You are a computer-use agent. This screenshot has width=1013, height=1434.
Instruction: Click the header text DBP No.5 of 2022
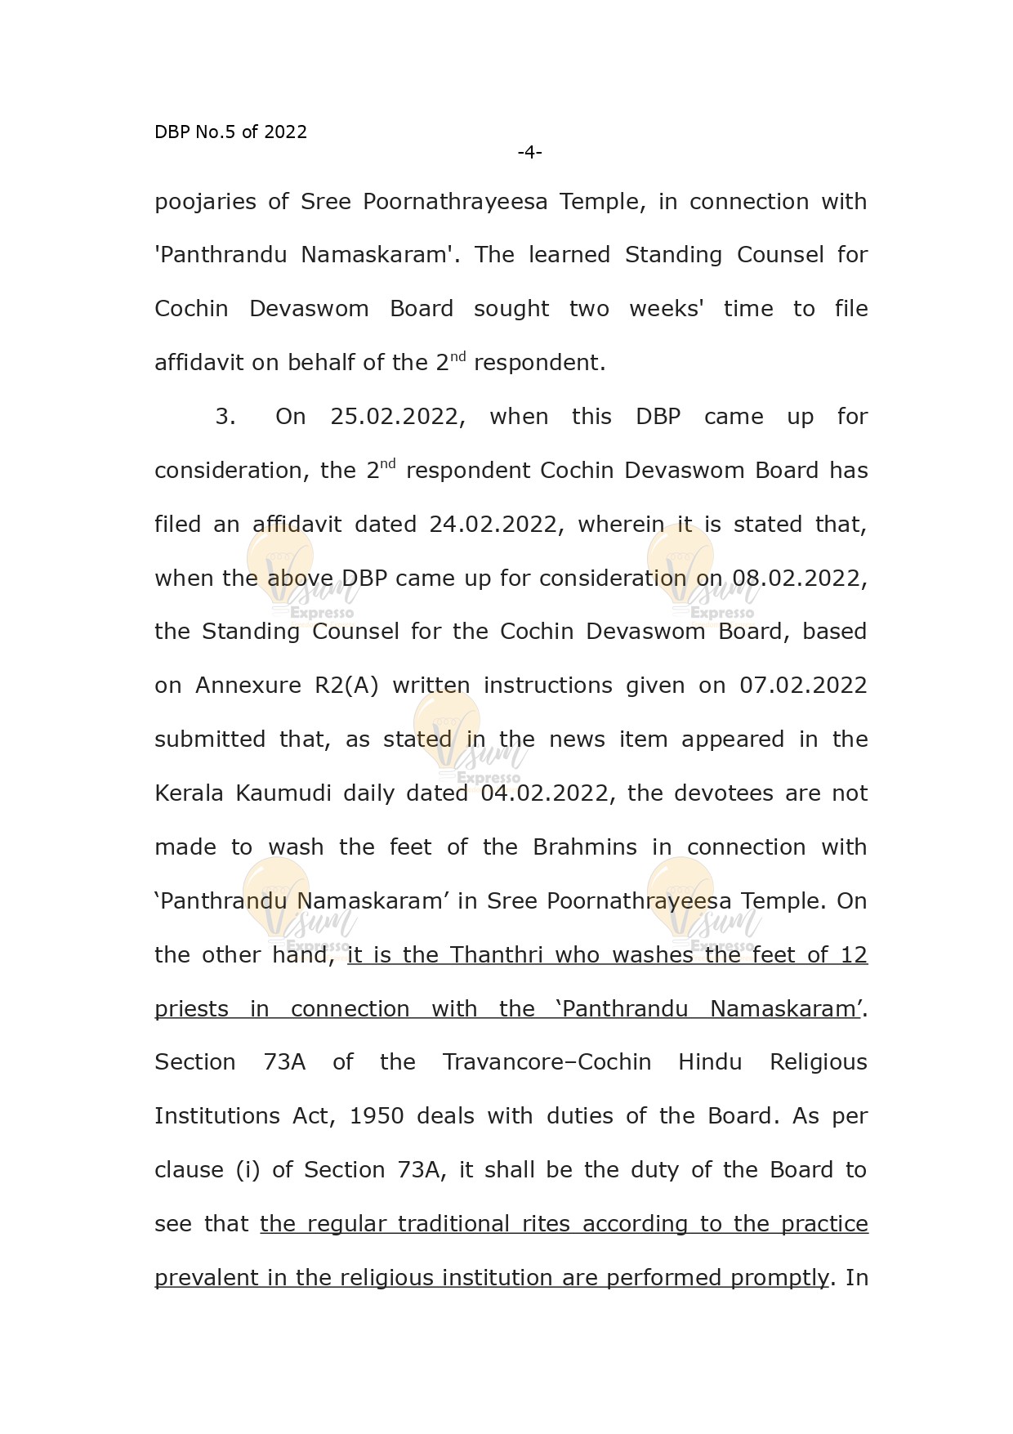(230, 132)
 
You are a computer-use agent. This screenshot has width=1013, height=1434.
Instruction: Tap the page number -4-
(529, 152)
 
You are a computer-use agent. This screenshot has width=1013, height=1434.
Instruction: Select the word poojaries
(205, 202)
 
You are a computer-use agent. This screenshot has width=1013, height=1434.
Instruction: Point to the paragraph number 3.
(225, 417)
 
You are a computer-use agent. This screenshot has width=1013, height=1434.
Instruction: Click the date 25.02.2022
(398, 417)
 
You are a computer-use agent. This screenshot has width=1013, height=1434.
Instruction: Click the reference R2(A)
(346, 686)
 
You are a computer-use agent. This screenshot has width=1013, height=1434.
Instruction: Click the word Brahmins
(584, 847)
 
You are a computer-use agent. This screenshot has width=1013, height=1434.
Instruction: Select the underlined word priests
(192, 1009)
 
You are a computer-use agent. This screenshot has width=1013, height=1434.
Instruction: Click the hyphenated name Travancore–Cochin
(547, 1062)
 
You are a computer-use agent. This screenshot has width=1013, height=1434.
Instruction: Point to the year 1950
(376, 1116)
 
